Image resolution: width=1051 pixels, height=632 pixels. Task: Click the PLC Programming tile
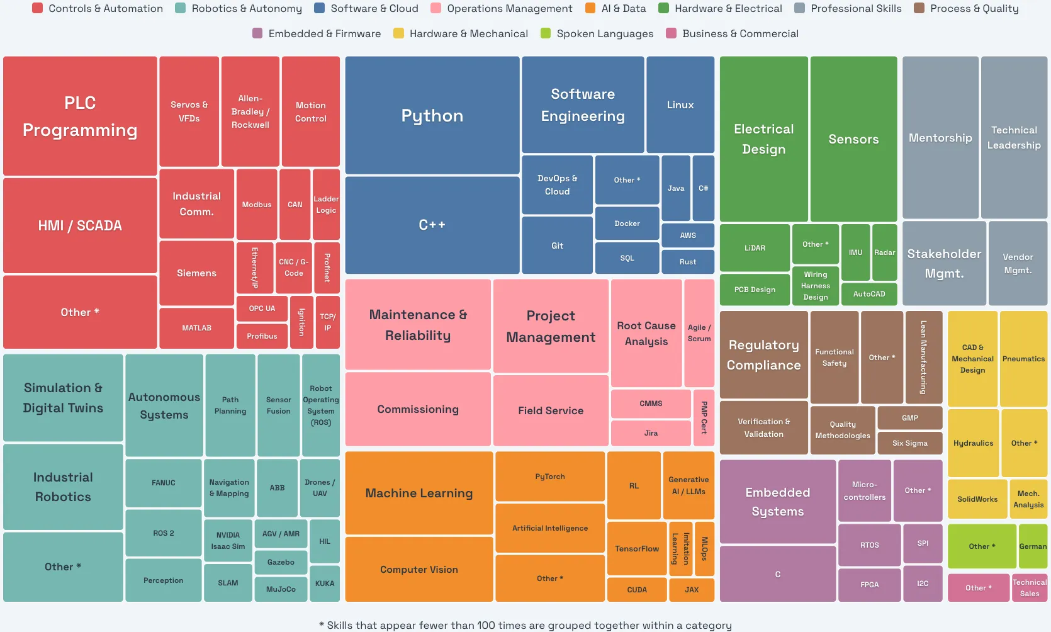pos(80,116)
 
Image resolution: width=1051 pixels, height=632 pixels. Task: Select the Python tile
pos(432,116)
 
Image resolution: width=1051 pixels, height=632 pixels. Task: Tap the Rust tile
pos(687,262)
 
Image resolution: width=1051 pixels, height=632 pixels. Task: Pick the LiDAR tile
pos(755,248)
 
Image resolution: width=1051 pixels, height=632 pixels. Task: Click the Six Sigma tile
pos(909,443)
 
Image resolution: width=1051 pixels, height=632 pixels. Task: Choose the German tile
pos(1032,546)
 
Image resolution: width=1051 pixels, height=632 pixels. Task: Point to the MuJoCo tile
pos(281,589)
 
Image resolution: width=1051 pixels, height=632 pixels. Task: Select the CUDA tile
pos(636,590)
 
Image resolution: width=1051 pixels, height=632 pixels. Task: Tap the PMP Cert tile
pos(704,417)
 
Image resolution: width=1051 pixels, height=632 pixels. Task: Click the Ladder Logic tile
pos(326,205)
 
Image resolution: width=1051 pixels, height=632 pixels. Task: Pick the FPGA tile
pos(869,584)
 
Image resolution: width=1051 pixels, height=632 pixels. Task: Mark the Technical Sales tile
pos(1029,588)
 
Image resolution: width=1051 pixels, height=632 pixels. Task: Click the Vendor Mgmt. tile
pos(1017,263)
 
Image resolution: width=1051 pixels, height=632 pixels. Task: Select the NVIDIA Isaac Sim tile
pos(228,541)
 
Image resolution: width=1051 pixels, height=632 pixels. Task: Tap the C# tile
pos(703,188)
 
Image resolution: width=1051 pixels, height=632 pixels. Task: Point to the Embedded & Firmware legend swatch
pos(257,33)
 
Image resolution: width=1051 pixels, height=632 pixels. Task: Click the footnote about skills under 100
pos(525,625)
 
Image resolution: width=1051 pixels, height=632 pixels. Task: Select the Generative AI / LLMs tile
pos(688,485)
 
